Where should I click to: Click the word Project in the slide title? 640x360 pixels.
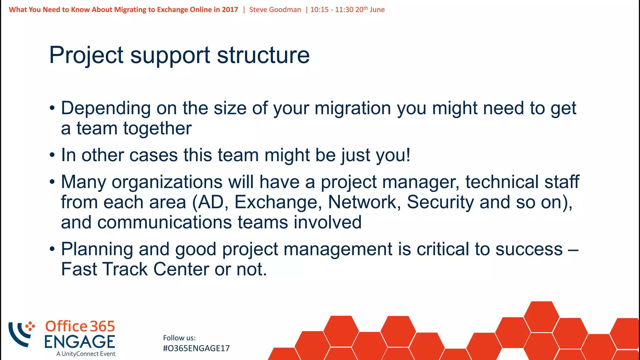coord(86,56)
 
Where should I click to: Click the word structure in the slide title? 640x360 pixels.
coord(263,56)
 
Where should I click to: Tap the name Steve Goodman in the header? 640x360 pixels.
coord(275,10)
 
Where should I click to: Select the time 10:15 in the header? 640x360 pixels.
coord(319,10)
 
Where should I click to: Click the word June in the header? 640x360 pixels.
coord(377,10)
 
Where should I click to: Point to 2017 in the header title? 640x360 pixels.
coord(230,10)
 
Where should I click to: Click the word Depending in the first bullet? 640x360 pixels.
coord(106,109)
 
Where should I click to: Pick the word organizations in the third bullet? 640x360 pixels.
coord(167,182)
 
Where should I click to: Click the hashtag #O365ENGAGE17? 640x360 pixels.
coord(196,348)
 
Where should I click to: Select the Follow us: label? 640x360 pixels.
coord(179,338)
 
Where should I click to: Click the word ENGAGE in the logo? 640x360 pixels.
coord(80,342)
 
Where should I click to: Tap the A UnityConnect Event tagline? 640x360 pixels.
coord(86,354)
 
